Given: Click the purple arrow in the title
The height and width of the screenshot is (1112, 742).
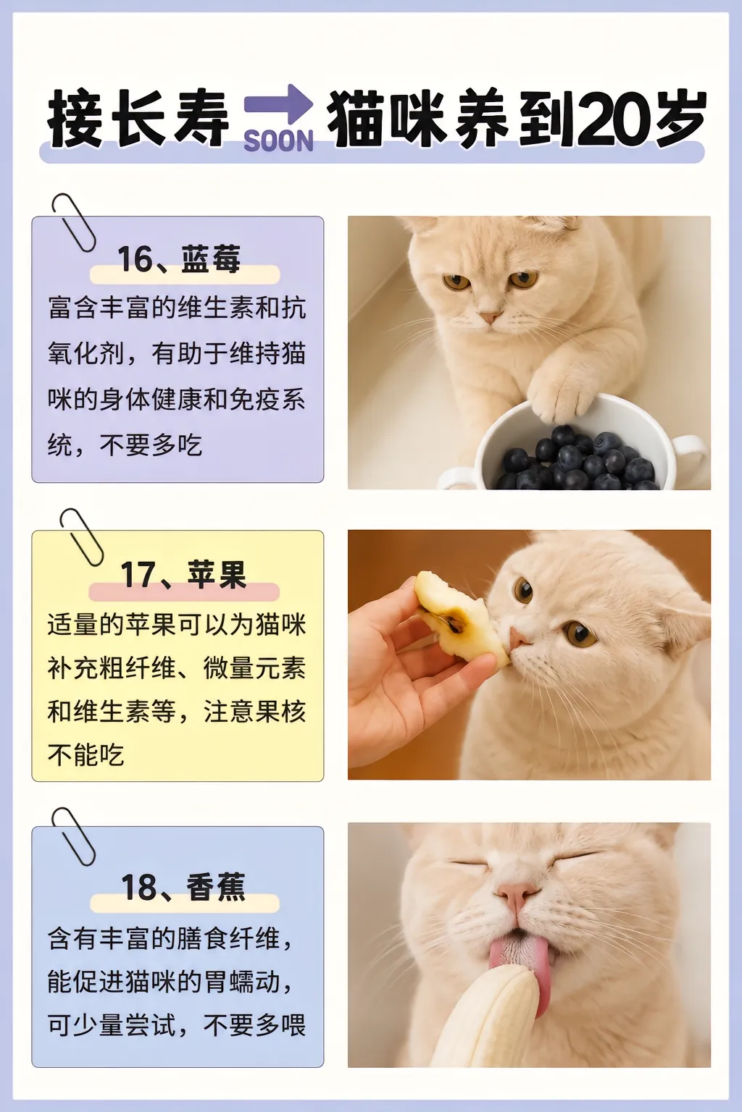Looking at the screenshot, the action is click(278, 104).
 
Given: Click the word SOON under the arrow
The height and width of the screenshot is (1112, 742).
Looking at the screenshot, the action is click(278, 141).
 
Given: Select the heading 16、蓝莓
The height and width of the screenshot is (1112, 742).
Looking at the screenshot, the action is click(179, 259).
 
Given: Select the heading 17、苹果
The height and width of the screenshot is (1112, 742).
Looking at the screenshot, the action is click(183, 575).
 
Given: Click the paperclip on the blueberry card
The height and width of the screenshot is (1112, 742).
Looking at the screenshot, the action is click(74, 222).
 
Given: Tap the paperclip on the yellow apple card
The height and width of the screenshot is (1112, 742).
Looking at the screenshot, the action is click(81, 537).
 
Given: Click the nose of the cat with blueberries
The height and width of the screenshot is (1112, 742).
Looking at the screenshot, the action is click(490, 316).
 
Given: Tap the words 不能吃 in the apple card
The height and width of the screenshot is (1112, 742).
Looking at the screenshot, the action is click(86, 755).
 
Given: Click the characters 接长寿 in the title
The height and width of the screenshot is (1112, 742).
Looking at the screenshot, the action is click(138, 119).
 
